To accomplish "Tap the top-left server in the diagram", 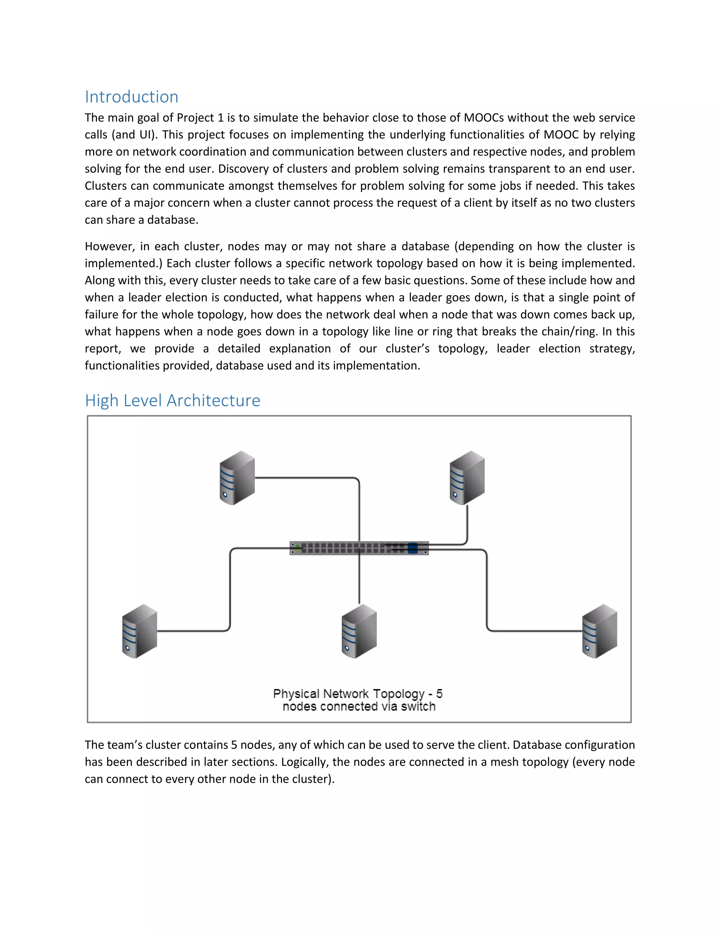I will (237, 478).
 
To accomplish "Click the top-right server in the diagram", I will (467, 478).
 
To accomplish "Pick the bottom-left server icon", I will (140, 631).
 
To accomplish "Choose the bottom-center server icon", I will (359, 631).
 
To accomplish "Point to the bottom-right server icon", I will (600, 631).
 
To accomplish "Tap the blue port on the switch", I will (412, 548).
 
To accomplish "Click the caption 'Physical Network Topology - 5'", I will (358, 694).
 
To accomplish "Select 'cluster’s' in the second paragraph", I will (407, 349).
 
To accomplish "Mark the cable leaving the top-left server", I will (307, 478).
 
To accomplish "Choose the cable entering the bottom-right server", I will (538, 631).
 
